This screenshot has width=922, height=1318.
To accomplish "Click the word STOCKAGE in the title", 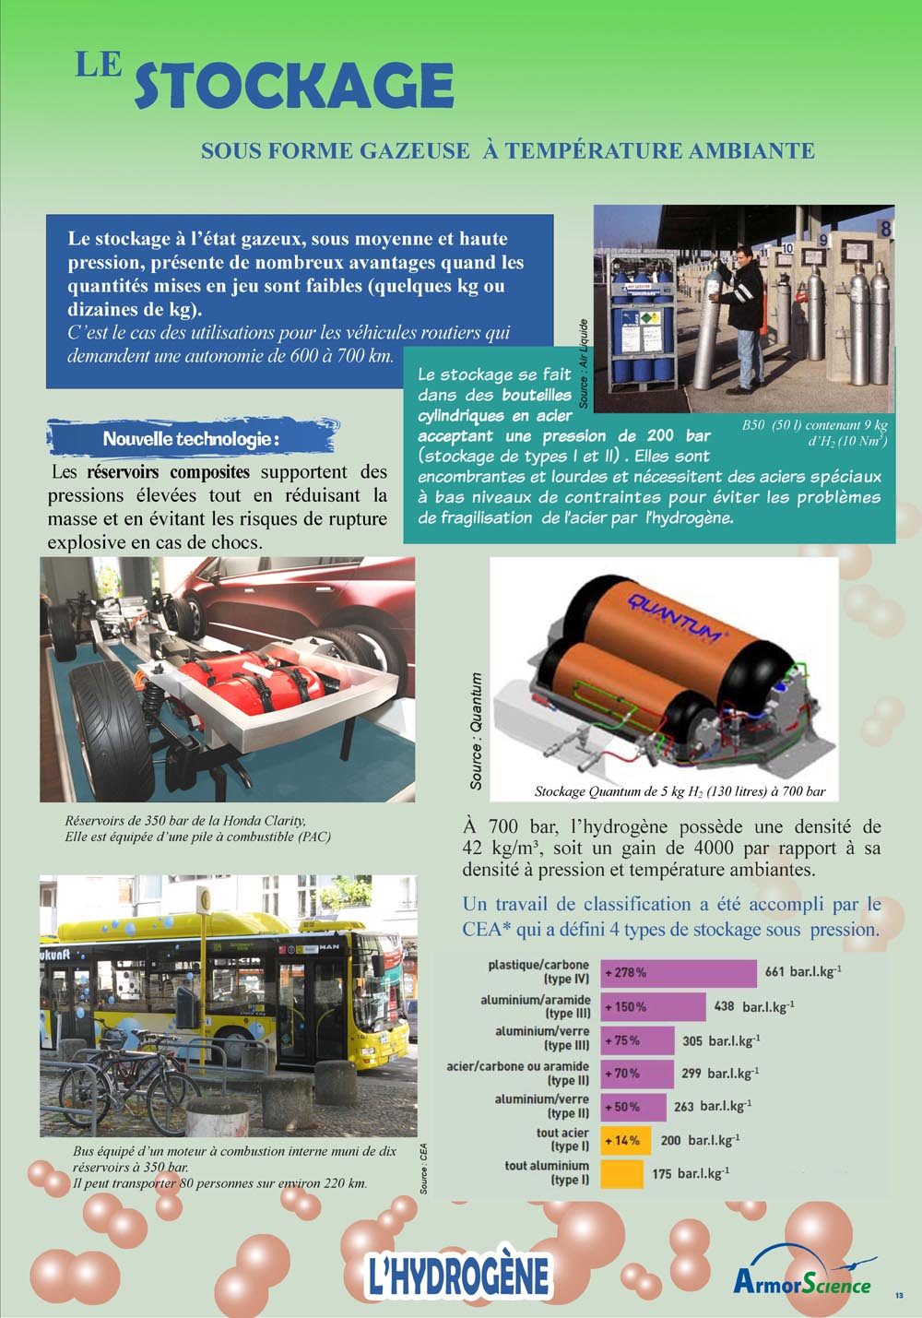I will click(294, 87).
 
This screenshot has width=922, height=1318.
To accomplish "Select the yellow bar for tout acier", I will click(625, 1140).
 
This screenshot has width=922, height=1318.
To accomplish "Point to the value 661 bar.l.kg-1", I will click(802, 971).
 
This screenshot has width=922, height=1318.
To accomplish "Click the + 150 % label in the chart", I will click(626, 1006).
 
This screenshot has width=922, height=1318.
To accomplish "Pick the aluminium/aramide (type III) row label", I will click(536, 1006).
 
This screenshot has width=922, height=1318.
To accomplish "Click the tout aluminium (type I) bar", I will click(621, 1173).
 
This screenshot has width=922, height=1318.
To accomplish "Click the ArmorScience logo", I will click(802, 1280).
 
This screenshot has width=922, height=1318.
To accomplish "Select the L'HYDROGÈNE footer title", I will click(457, 1276).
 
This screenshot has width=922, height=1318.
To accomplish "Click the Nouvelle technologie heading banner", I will click(191, 438).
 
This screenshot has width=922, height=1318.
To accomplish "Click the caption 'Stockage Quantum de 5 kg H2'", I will click(680, 791).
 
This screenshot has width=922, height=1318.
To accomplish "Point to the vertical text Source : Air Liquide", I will click(584, 364).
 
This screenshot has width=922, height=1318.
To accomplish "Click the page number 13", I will click(898, 1296).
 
